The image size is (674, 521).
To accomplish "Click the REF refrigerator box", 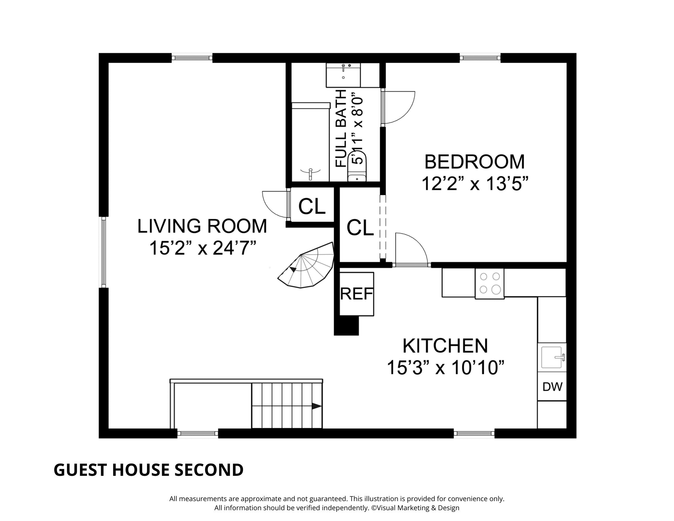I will click(x=357, y=294).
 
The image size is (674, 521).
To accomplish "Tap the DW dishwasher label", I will click(x=552, y=386).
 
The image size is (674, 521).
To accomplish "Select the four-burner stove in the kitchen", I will click(x=490, y=283).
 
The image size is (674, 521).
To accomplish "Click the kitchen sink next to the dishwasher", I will click(x=551, y=357).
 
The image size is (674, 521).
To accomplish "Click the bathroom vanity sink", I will click(x=343, y=75).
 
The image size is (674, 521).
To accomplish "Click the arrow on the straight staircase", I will click(x=316, y=406).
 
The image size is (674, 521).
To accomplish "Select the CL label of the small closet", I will click(x=312, y=206).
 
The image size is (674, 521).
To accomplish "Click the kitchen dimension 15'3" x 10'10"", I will click(x=445, y=367).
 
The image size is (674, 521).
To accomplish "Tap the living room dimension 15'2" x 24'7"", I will click(x=202, y=248).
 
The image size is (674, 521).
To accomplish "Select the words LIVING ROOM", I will click(x=202, y=226).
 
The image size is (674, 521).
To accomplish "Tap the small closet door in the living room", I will click(x=275, y=204).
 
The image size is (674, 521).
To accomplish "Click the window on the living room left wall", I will click(x=103, y=252).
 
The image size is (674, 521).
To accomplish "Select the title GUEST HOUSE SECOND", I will click(x=148, y=470).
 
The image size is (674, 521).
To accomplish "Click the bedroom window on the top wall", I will click(x=480, y=58).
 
